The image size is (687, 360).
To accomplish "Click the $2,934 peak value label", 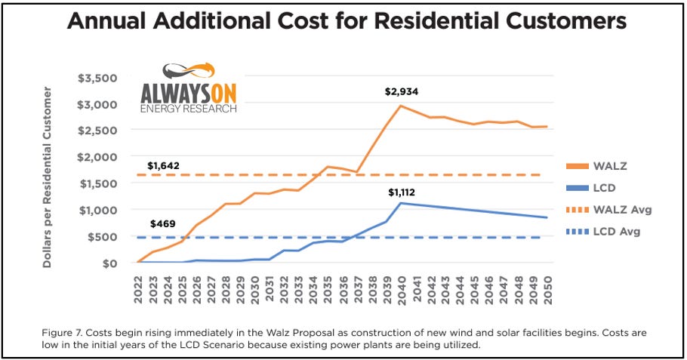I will pos(400,92).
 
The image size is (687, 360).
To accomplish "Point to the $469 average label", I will pos(162,223).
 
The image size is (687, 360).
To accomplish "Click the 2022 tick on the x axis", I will pos(139,288).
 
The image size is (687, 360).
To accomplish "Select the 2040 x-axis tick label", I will pos(401,288).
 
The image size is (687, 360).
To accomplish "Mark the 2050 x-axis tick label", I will pos(546,288).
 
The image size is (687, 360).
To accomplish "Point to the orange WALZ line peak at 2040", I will pos(401,106).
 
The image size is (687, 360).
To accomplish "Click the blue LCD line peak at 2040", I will pos(401,203).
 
